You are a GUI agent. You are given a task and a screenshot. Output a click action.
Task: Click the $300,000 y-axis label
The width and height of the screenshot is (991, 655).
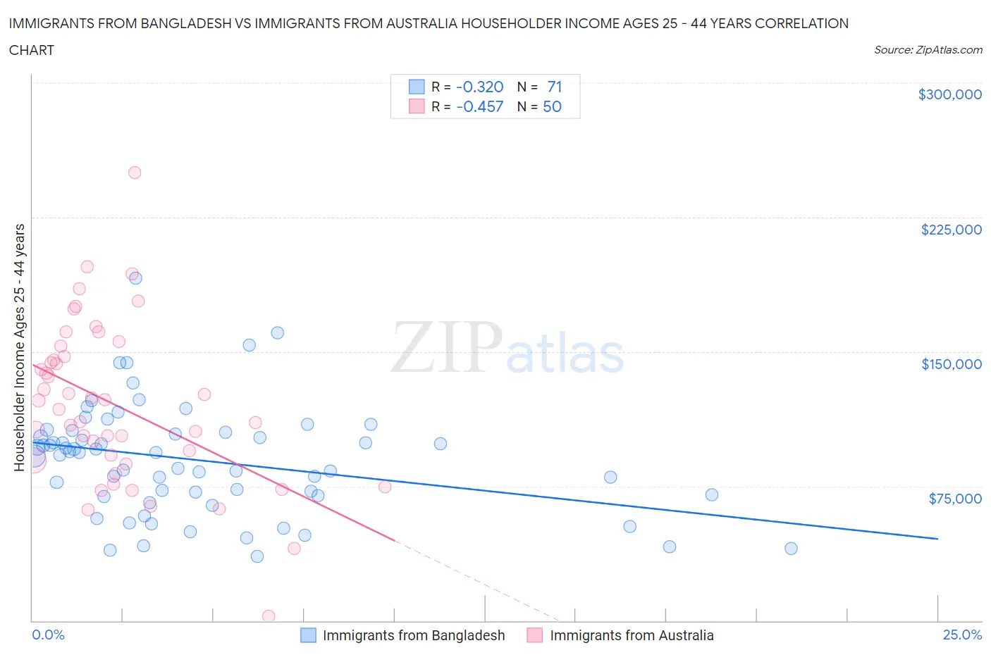point(949,94)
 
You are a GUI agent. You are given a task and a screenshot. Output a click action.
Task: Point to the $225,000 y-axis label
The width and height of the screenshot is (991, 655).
point(951,230)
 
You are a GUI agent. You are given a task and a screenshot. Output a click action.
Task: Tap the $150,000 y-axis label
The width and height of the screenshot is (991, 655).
point(951,364)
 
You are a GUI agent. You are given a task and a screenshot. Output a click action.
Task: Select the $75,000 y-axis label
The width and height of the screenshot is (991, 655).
point(955,499)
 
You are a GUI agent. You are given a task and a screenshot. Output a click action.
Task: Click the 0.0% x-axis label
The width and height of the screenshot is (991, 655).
point(48,635)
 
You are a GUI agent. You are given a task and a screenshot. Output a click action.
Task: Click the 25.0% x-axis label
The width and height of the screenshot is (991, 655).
point(962,635)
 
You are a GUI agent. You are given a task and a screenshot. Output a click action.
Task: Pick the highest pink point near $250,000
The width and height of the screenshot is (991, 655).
point(135,173)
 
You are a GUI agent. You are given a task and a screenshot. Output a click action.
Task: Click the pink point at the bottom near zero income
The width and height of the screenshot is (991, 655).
point(269,616)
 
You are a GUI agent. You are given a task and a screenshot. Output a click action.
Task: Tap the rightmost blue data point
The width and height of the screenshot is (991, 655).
point(791,549)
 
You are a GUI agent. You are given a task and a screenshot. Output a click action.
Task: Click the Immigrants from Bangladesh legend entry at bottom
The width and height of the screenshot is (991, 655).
point(413,635)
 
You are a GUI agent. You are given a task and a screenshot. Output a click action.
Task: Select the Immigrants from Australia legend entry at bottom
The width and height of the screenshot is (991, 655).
point(631,635)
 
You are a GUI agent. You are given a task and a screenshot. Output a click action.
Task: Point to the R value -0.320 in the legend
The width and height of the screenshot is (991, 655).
point(479,87)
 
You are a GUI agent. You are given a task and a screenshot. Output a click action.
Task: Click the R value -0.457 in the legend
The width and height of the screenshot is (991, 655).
point(479,106)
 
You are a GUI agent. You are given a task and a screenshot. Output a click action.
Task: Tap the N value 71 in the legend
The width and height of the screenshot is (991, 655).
point(554,87)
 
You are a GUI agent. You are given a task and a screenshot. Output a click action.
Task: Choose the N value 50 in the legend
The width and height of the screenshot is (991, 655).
point(552,106)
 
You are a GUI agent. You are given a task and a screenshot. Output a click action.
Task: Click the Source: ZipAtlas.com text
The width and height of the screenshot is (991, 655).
point(928,49)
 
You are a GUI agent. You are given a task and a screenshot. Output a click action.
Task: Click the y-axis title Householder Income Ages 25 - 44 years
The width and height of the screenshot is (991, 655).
point(19,347)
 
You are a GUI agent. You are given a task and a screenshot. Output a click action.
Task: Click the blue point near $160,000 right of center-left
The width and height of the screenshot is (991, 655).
point(278,332)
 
